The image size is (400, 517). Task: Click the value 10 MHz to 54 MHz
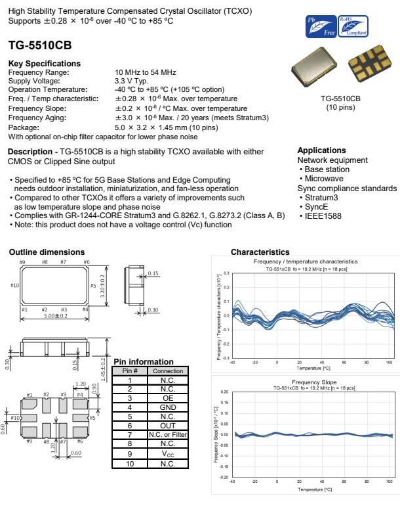(145, 71)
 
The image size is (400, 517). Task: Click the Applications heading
(321, 150)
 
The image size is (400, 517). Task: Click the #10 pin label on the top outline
(14, 285)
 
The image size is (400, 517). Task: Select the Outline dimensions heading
(47, 252)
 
